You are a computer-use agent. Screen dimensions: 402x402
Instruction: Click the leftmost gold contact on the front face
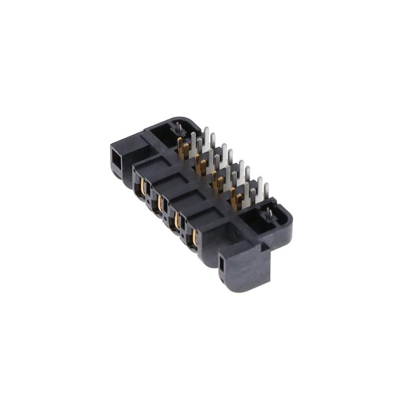(143, 187)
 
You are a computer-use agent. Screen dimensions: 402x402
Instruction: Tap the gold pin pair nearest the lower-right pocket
(236, 199)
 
